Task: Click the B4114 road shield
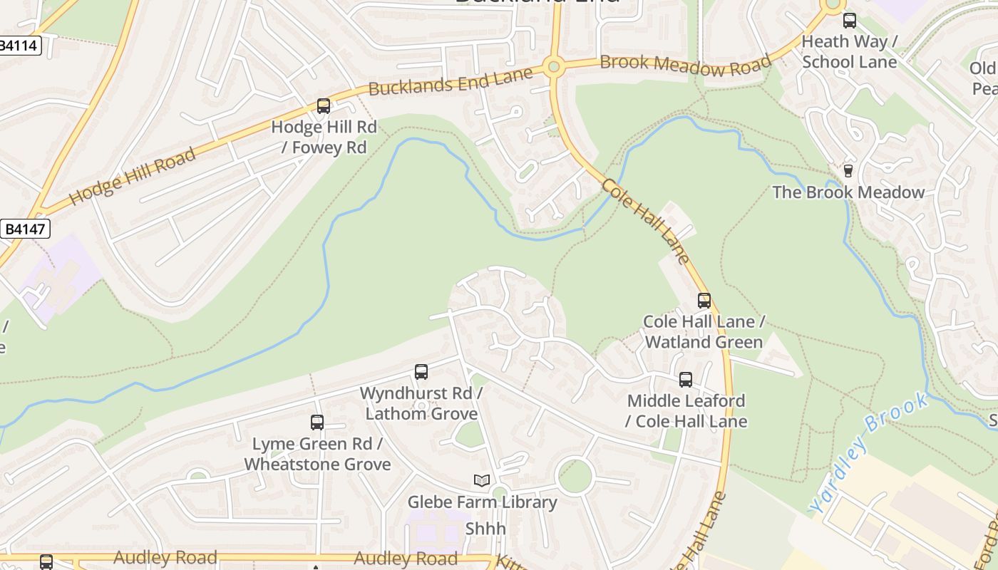point(19,46)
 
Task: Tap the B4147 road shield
point(25,229)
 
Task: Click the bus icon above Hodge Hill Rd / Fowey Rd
point(324,106)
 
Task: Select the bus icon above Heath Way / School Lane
point(849,21)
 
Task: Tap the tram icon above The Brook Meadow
point(848,171)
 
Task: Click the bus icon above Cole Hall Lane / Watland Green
point(704,301)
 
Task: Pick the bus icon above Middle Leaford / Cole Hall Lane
point(686,380)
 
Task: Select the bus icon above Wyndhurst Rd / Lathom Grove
point(421,372)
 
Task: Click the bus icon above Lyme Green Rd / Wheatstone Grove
point(317,423)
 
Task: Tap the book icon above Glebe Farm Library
point(482,481)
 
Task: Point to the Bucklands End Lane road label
point(451,81)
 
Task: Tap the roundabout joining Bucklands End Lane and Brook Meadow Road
point(553,68)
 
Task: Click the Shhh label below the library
point(485,529)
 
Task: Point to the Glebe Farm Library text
point(482,502)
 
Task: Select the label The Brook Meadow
point(848,192)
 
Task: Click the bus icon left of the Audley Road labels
point(46,562)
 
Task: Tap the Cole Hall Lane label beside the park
point(646,221)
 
